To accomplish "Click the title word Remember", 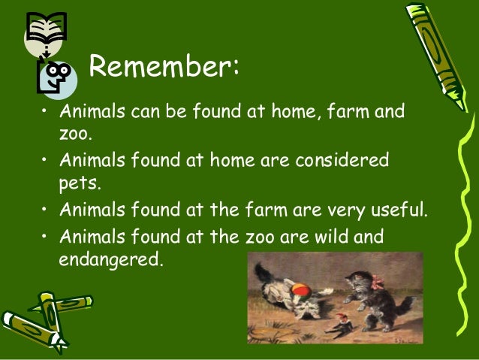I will pos(163,67).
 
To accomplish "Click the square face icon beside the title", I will pos(56,75).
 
